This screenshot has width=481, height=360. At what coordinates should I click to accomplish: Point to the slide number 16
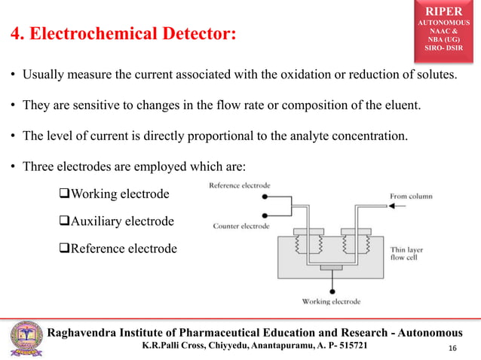coord(453,347)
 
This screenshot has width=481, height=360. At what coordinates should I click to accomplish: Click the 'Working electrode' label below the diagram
coord(331,302)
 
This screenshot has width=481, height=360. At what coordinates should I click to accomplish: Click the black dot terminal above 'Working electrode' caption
coord(331,290)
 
